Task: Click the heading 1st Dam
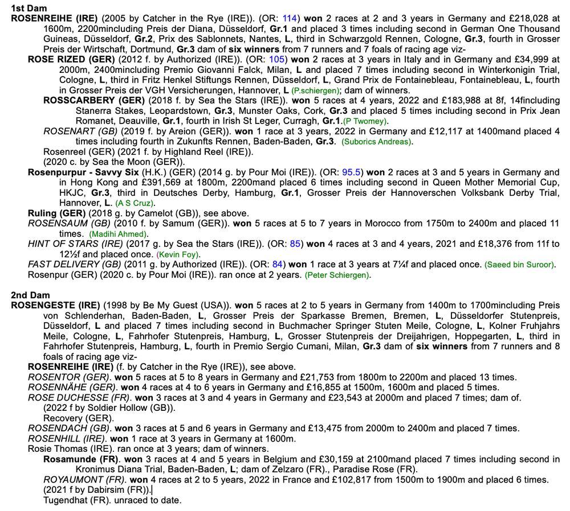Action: (28, 8)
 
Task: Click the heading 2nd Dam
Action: (29, 294)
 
